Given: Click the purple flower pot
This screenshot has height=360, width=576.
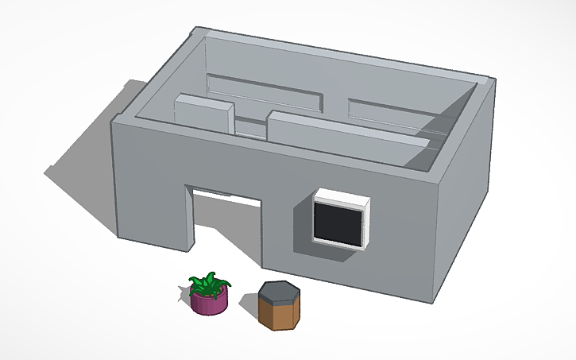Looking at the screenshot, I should click(209, 303).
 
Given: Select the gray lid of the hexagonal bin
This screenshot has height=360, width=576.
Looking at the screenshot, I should click(279, 292).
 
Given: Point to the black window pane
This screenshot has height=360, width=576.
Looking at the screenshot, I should click(338, 222).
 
